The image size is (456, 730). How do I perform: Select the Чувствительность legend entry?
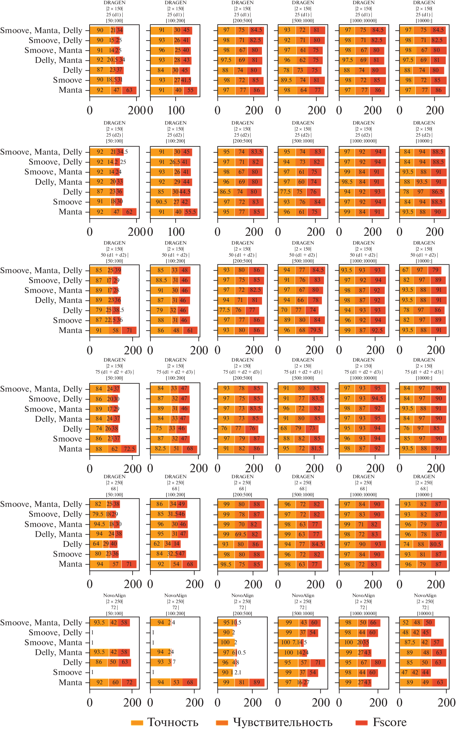click(282, 722)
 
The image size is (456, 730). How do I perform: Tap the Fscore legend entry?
click(389, 722)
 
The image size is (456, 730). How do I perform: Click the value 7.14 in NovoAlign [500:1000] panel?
click(295, 642)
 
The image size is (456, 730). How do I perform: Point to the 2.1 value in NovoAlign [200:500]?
click(238, 672)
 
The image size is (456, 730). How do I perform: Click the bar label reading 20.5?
click(112, 60)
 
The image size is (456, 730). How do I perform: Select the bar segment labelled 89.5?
click(286, 80)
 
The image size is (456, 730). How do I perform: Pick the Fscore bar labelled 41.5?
click(186, 80)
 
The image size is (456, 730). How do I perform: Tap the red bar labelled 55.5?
click(190, 212)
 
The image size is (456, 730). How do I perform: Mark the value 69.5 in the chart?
click(240, 534)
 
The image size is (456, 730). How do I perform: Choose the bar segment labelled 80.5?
click(436, 544)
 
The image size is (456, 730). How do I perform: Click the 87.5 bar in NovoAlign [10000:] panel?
click(410, 642)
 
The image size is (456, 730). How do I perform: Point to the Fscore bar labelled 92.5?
click(377, 330)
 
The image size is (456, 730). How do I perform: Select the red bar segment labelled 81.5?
click(316, 448)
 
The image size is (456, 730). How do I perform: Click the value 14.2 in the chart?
click(112, 162)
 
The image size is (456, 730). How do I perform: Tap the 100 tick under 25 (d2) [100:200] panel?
click(176, 232)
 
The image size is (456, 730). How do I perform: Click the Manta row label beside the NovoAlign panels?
click(70, 682)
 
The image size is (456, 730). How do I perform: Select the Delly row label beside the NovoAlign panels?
click(72, 662)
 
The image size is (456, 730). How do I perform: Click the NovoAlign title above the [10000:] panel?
click(425, 596)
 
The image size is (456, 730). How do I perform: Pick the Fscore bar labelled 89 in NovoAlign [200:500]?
click(257, 682)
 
